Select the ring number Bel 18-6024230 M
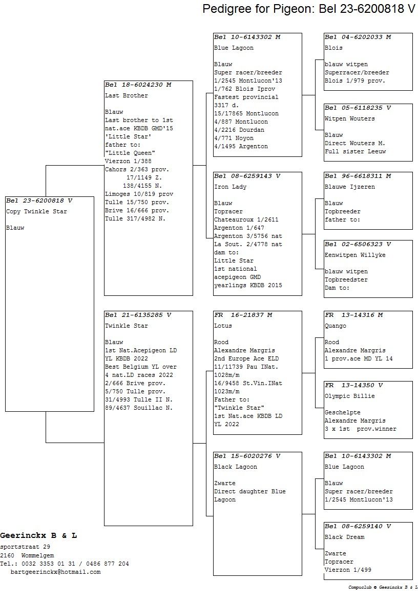[138, 85]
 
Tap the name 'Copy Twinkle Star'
[36, 212]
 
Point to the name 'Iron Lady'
[230, 187]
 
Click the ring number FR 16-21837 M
[243, 315]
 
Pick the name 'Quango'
[336, 326]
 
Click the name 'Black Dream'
[345, 537]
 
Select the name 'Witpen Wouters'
[349, 119]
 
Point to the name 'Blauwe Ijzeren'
[349, 187]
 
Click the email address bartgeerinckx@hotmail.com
[55, 572]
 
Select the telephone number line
[65, 564]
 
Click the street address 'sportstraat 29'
[25, 547]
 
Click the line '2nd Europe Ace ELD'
[246, 359]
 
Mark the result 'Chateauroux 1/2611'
[246, 219]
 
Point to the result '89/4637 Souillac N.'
[139, 408]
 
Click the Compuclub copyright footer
[383, 587]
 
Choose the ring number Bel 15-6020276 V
[247, 456]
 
